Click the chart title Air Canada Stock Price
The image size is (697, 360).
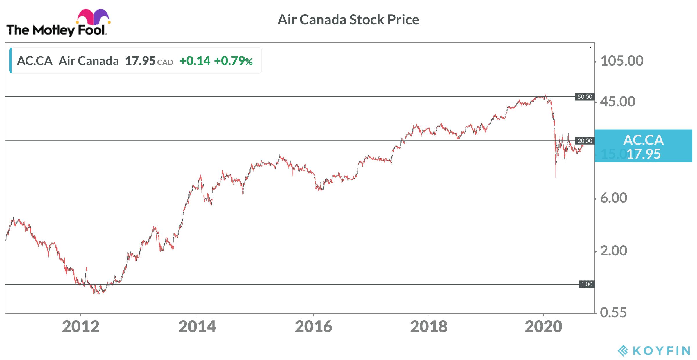(x=348, y=20)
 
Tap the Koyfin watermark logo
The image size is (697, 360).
(x=653, y=351)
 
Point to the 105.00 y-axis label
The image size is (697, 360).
(x=621, y=61)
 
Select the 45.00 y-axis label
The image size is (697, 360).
(x=617, y=102)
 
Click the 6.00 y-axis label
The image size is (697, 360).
(x=613, y=198)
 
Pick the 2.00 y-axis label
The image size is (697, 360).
(x=613, y=251)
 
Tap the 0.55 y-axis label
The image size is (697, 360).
(x=613, y=313)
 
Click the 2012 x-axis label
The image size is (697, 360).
(x=81, y=327)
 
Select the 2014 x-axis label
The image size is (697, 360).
(x=197, y=327)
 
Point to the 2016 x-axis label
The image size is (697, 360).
(x=314, y=327)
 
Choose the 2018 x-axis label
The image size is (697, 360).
(x=429, y=327)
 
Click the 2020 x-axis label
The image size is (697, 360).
(x=543, y=327)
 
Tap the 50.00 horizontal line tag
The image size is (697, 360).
(x=585, y=97)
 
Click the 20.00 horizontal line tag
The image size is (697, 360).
(x=585, y=141)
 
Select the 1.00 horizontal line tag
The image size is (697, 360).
(x=587, y=284)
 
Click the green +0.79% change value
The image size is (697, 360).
(x=233, y=61)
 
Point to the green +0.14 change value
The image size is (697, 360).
(x=195, y=61)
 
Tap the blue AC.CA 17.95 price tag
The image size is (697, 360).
(x=643, y=146)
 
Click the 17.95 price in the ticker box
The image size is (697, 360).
(x=140, y=61)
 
